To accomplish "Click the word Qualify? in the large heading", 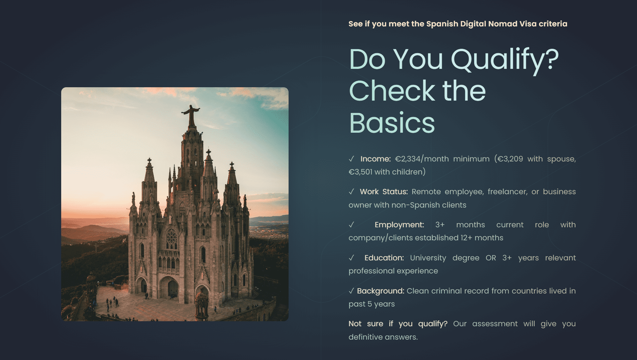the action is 505,61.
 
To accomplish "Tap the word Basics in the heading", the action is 392,123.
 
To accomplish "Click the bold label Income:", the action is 376,159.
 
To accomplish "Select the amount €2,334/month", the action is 422,159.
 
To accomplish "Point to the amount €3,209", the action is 510,159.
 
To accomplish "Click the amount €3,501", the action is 360,172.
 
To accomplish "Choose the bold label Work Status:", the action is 384,192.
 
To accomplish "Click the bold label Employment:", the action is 399,225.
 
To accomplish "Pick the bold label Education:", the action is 384,258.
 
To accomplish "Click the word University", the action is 428,258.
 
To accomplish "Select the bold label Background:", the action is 381,291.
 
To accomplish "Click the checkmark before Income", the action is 351,159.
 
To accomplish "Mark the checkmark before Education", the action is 351,258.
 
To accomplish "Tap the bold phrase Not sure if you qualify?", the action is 398,324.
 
